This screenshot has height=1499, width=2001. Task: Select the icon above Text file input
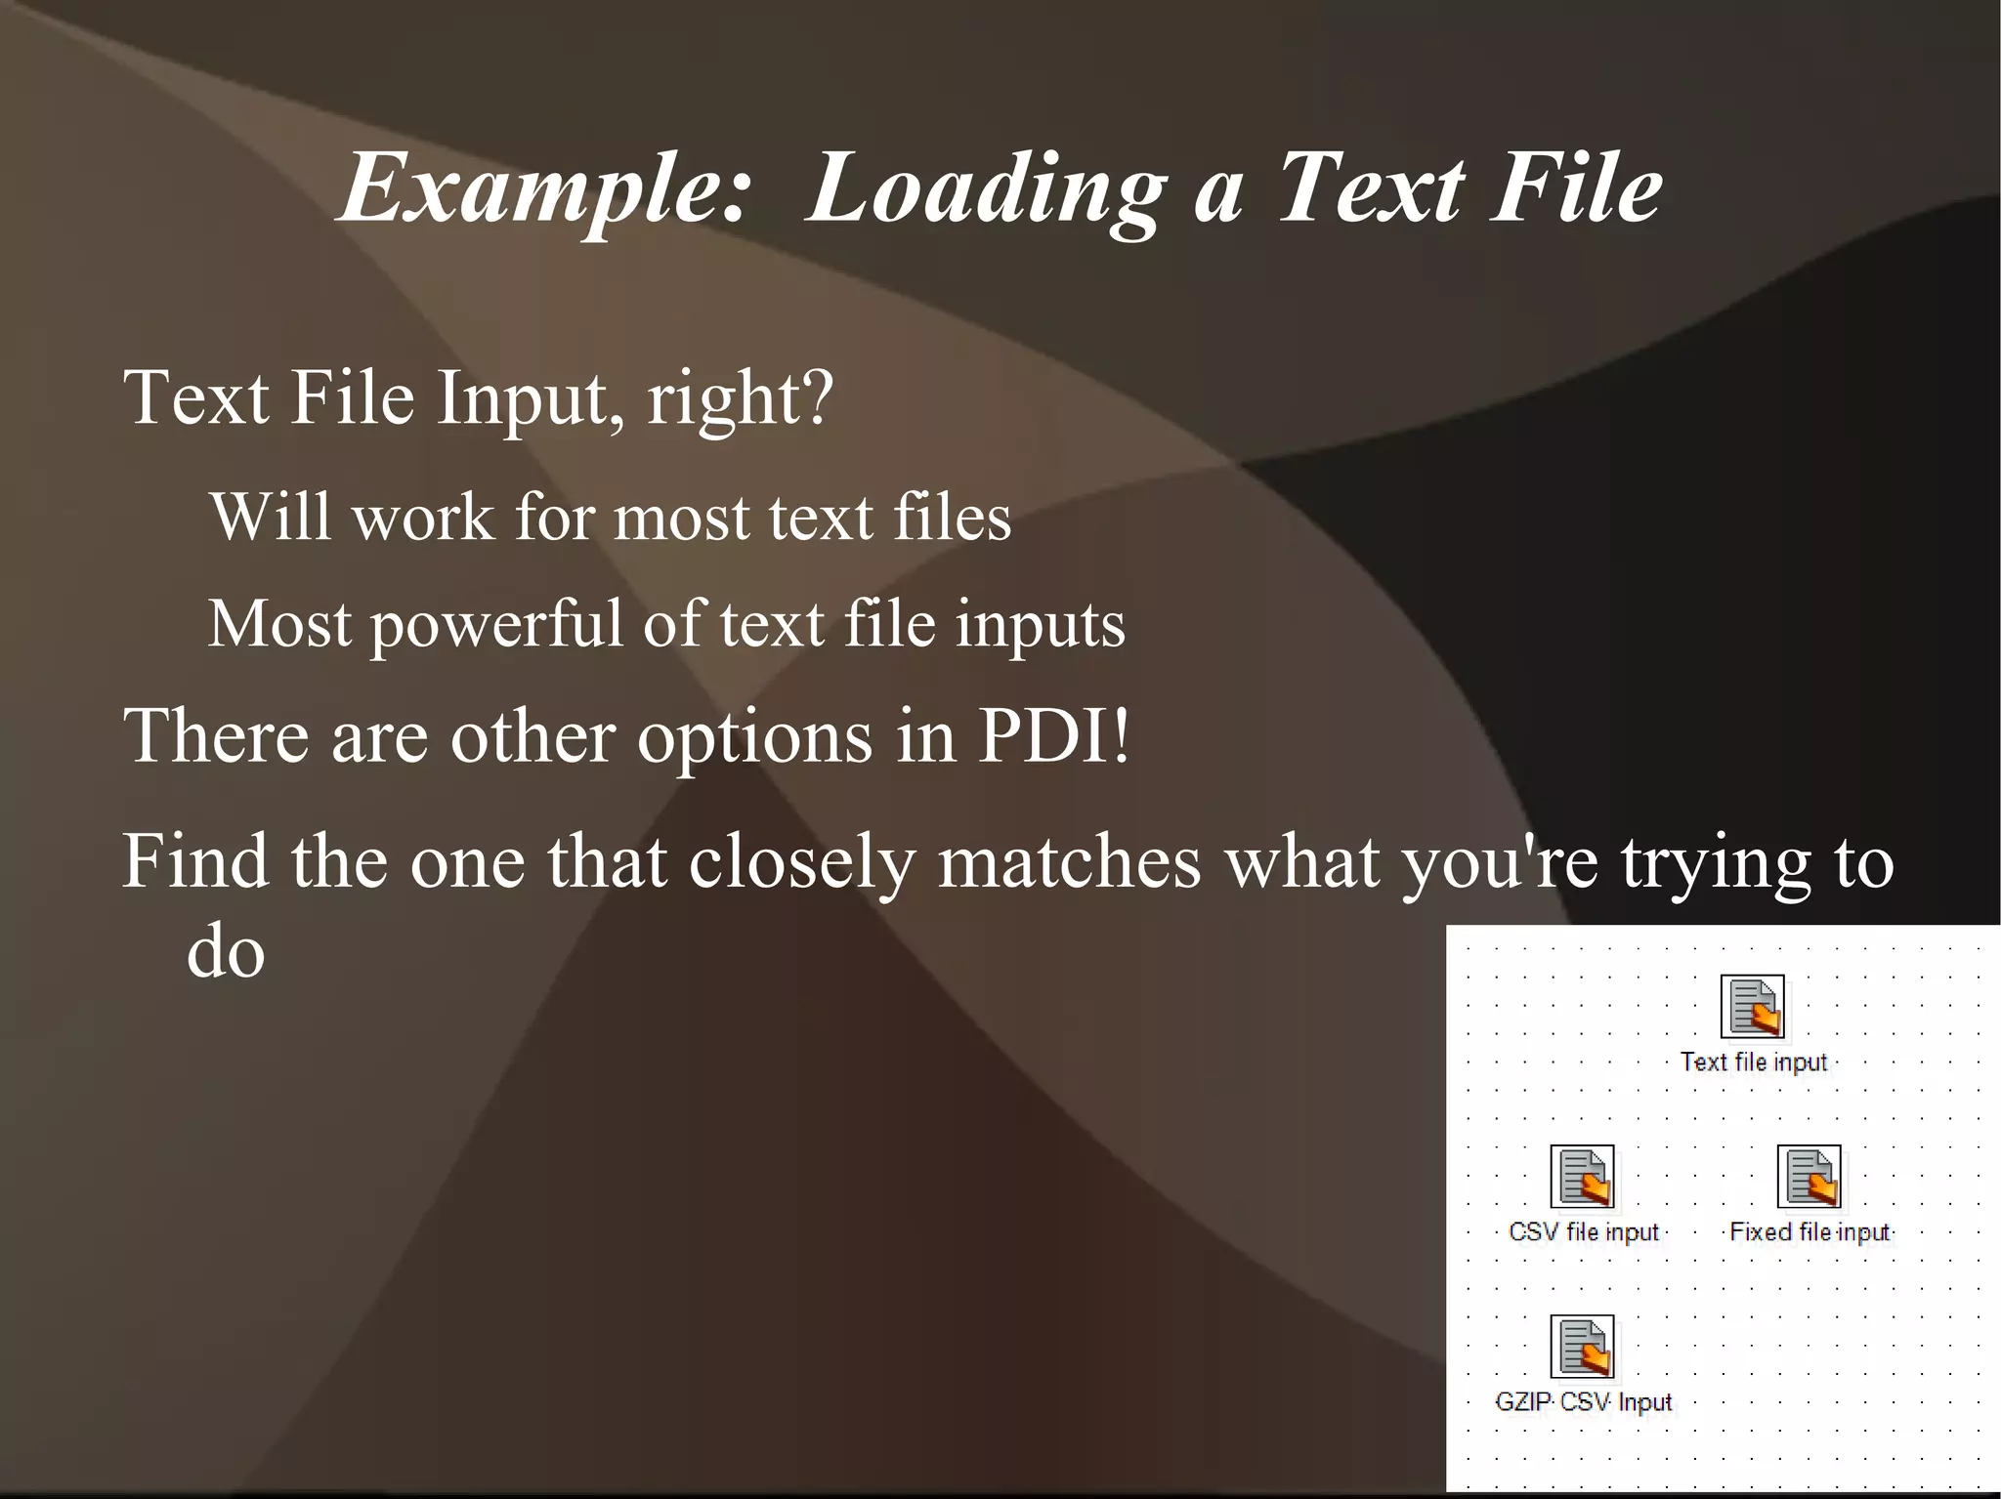[x=1752, y=1006]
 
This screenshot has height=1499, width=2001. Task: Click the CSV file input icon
[x=1582, y=1177]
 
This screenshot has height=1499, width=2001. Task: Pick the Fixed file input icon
[x=1809, y=1177]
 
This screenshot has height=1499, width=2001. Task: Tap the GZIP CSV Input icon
[x=1582, y=1347]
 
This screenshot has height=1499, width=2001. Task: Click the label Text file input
[x=1753, y=1062]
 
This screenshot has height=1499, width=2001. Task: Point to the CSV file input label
[x=1583, y=1231]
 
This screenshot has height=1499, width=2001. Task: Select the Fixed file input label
[x=1809, y=1231]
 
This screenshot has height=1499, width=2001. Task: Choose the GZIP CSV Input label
[x=1583, y=1402]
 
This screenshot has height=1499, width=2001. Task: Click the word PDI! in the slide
[x=1053, y=735]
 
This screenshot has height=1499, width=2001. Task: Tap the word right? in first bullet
[x=740, y=398]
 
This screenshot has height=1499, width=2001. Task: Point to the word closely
[x=801, y=863]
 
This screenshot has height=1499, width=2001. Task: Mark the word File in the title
[x=1575, y=189]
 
